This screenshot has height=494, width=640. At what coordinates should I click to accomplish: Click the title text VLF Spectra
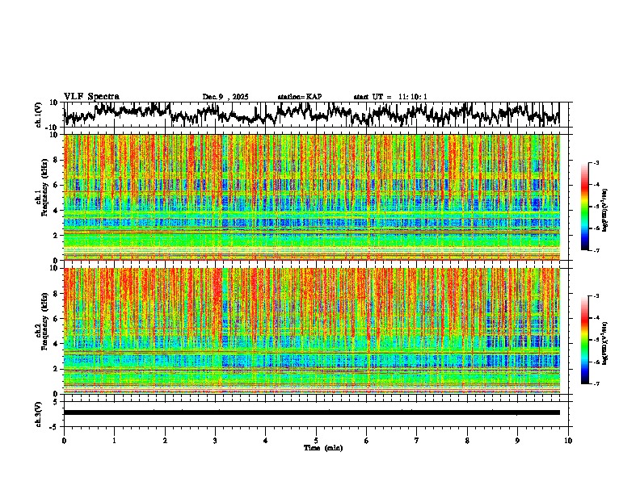[x=91, y=96]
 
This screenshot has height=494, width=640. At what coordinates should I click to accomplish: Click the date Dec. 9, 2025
[x=225, y=97]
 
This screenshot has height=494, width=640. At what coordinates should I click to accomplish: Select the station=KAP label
[x=299, y=97]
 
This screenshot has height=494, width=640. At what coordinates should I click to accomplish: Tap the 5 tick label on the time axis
[x=316, y=440]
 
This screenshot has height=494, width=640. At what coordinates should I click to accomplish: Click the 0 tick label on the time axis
[x=64, y=440]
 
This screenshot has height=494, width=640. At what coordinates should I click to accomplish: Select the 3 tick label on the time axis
[x=215, y=440]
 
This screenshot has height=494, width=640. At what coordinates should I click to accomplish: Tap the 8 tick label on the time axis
[x=467, y=440]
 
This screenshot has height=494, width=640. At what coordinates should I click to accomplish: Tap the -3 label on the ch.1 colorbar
[x=600, y=163]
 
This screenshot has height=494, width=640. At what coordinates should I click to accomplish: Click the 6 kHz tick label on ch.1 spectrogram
[x=57, y=185]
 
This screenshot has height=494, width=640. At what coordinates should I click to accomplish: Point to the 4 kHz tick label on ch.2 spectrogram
[x=57, y=344]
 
